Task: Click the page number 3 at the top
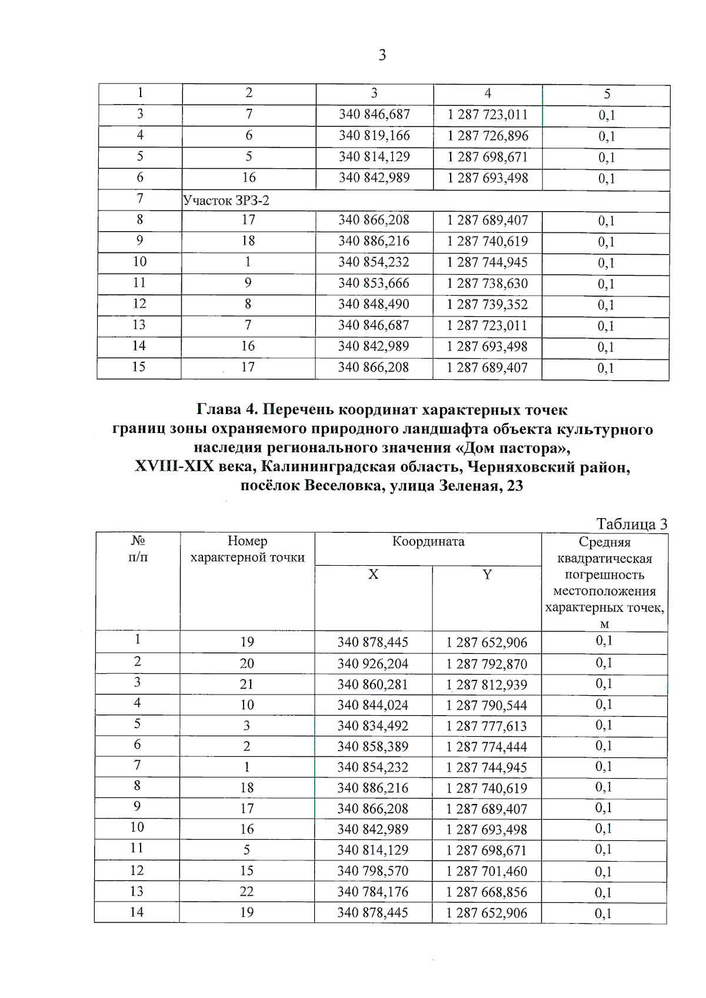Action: (x=382, y=56)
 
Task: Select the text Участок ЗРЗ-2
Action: (x=227, y=201)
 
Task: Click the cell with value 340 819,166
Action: (x=374, y=136)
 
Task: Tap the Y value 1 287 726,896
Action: (x=488, y=136)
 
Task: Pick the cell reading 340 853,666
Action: (x=374, y=283)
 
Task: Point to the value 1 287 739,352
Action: (x=487, y=305)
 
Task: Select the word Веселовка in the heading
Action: (x=341, y=486)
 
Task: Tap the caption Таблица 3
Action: (x=631, y=523)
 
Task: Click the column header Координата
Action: (x=428, y=542)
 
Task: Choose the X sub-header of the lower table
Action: (x=373, y=575)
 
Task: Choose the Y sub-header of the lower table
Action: (x=487, y=575)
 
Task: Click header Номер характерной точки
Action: (x=247, y=549)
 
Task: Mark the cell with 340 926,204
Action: (x=372, y=664)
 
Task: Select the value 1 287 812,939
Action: (x=487, y=685)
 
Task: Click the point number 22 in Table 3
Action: (x=247, y=892)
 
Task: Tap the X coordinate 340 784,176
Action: (x=372, y=892)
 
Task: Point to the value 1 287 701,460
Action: (x=487, y=871)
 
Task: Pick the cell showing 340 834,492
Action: (x=372, y=726)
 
